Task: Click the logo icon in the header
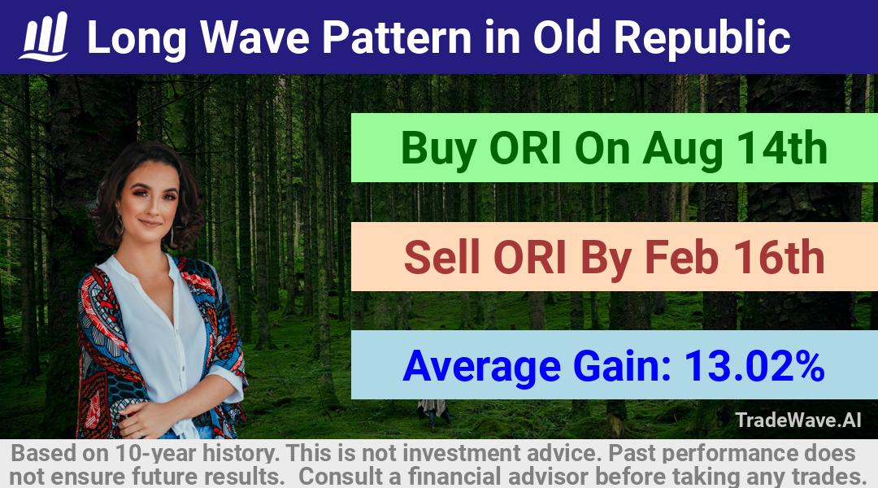44,37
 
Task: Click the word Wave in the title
254,37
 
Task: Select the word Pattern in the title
397,37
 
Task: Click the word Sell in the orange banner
441,257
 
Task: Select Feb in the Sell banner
681,257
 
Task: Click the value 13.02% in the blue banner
754,366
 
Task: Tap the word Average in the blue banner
481,367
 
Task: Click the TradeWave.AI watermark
798,420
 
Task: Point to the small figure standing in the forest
432,412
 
